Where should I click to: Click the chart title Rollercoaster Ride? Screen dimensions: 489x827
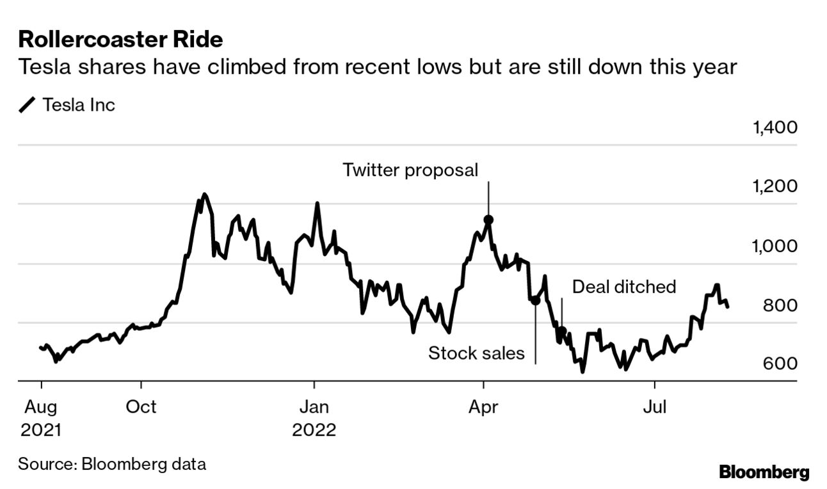coord(120,40)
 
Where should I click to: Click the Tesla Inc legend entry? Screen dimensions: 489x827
coord(78,104)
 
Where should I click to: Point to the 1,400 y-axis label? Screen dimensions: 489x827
coord(775,127)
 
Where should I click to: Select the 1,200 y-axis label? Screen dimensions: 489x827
coord(775,187)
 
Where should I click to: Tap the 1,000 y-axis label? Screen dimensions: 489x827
coord(775,246)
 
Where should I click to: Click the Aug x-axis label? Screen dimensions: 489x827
coord(41,406)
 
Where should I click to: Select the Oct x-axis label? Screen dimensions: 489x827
coord(141,406)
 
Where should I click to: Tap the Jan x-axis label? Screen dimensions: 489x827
coord(314,406)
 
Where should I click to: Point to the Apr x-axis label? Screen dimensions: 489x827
coord(484,406)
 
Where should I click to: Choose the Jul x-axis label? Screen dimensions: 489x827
coord(654,406)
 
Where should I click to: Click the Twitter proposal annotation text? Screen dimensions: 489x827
coord(410,170)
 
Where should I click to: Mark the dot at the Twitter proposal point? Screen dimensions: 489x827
coord(488,220)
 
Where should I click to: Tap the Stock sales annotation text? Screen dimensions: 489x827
coord(476,353)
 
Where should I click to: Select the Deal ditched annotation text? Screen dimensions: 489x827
coord(623,286)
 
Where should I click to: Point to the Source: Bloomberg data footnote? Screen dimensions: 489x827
coord(112,464)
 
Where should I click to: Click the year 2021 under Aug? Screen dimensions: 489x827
coord(41,429)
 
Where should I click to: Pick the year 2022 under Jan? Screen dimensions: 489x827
coord(314,429)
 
